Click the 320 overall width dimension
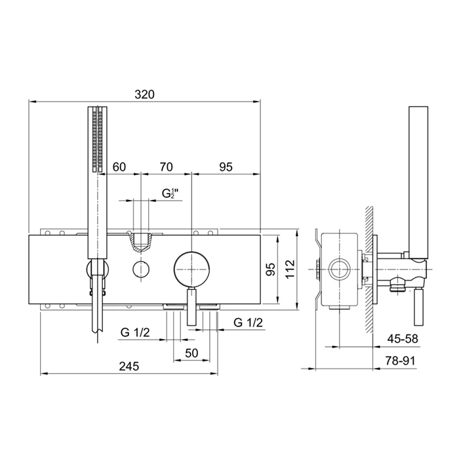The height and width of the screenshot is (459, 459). click(x=144, y=94)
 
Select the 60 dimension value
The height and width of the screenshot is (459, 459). click(x=119, y=167)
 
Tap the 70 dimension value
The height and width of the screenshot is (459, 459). click(x=166, y=167)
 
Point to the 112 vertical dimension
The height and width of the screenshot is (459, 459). click(x=290, y=269)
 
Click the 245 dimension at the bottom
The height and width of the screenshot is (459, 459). click(x=129, y=366)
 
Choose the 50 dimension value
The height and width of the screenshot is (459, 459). click(x=191, y=353)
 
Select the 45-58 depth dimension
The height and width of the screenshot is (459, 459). click(x=403, y=339)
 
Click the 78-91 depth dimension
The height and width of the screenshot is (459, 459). click(x=401, y=361)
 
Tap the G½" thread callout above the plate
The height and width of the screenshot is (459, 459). click(x=170, y=193)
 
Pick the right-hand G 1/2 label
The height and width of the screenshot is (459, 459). click(x=249, y=323)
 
